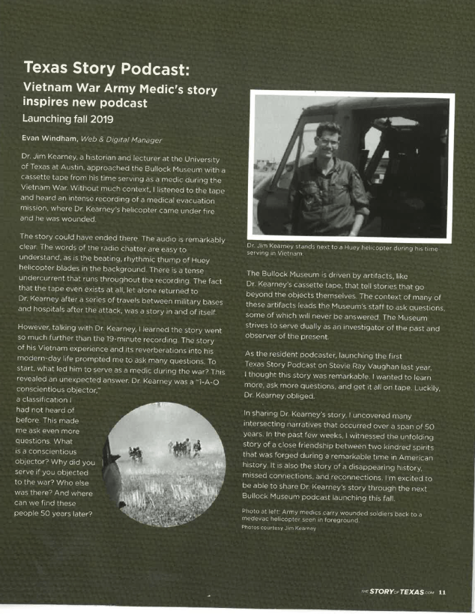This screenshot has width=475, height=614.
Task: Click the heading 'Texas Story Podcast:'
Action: pos(106,69)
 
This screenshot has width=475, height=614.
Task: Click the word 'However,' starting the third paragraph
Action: pos(35,330)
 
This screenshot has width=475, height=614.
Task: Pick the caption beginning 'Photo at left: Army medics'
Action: pos(331,515)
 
